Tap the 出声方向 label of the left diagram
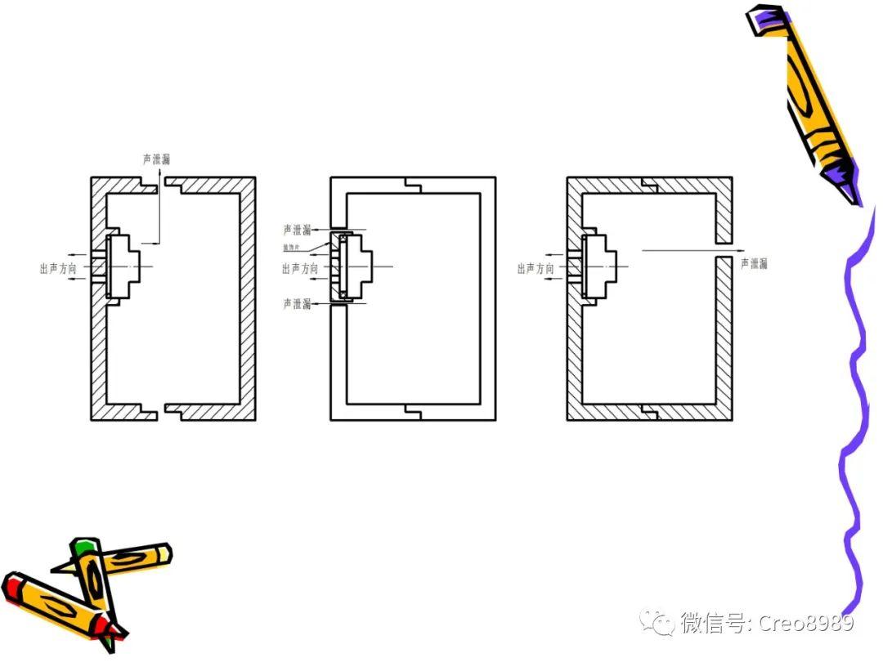point(58,268)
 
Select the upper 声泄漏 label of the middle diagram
point(297,230)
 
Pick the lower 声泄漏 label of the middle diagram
point(297,304)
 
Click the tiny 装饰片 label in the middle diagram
point(292,247)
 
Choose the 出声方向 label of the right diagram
point(536,268)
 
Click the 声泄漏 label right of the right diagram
point(754,263)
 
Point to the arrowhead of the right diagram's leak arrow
point(733,250)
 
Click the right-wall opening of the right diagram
point(724,250)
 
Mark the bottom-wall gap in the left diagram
point(161,412)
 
